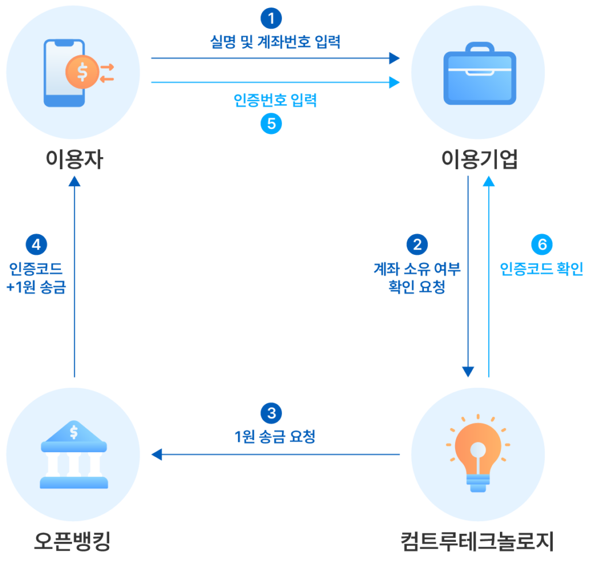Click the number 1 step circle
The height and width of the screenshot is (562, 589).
pyautogui.click(x=271, y=18)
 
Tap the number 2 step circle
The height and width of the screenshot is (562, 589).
pyautogui.click(x=417, y=244)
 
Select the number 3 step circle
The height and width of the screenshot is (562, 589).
pyautogui.click(x=271, y=413)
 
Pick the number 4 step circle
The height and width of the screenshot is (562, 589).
pyautogui.click(x=36, y=244)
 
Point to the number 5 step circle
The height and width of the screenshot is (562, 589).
pyautogui.click(x=271, y=124)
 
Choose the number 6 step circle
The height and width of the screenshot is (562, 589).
pyautogui.click(x=542, y=244)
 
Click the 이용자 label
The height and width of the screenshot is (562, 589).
pyautogui.click(x=74, y=159)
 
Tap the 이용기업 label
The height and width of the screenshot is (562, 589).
pyautogui.click(x=479, y=159)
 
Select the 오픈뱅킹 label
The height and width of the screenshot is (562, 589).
pyautogui.click(x=72, y=541)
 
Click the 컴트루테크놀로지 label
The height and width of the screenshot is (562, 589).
pyautogui.click(x=477, y=541)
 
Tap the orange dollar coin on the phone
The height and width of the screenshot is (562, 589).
pyautogui.click(x=82, y=72)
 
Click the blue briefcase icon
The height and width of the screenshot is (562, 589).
pyautogui.click(x=480, y=73)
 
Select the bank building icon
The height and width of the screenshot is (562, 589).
pyautogui.click(x=74, y=454)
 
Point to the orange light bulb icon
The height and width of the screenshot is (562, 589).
pyautogui.click(x=478, y=453)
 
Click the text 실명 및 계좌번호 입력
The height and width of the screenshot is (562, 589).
pyautogui.click(x=275, y=41)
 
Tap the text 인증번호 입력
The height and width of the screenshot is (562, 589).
pyautogui.click(x=275, y=100)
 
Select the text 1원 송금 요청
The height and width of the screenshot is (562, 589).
pyautogui.click(x=274, y=437)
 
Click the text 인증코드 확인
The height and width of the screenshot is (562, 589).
pyautogui.click(x=541, y=269)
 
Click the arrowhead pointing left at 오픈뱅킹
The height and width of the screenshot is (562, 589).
pyautogui.click(x=156, y=454)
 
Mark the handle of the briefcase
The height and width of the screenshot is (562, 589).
pyautogui.click(x=480, y=47)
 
